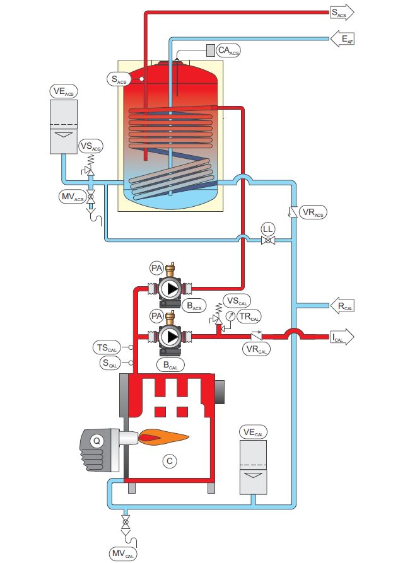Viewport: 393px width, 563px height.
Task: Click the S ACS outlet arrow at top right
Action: click(343, 12)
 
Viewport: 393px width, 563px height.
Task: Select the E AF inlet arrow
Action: click(343, 39)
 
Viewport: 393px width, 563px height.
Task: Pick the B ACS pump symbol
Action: click(169, 289)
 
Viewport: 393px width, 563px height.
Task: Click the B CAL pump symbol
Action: click(169, 337)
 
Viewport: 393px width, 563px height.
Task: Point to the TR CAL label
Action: click(250, 316)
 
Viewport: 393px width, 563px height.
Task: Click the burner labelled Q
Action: click(97, 443)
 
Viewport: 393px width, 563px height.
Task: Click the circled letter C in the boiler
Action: click(169, 461)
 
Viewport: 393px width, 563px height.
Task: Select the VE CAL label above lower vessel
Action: click(254, 432)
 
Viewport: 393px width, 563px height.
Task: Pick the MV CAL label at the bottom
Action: click(123, 554)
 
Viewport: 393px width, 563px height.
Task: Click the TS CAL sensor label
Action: click(106, 347)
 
